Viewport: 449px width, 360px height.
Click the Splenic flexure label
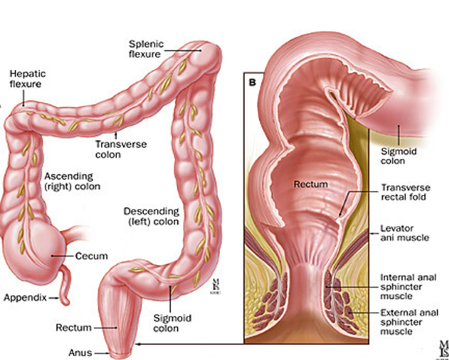pos(146,49)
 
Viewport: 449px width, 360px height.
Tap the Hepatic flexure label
pos(27,78)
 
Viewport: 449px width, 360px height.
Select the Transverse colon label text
pos(121,149)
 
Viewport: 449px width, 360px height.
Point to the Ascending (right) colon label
pos(72,182)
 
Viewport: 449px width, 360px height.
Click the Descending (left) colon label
pos(151,216)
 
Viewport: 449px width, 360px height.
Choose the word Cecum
pos(91,256)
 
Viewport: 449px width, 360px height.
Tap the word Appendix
pos(25,298)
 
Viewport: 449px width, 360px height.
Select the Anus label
pos(80,353)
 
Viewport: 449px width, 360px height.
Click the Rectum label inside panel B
pos(310,185)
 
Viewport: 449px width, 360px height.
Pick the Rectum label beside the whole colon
pos(74,328)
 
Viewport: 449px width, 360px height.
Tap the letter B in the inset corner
pos(252,82)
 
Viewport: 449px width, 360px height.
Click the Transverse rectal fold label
pos(405,192)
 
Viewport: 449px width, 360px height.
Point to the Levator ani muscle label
pos(405,233)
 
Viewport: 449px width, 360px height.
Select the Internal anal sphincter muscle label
pos(408,286)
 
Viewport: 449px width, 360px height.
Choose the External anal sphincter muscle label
pos(409,322)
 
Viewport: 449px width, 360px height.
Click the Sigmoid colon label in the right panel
pos(399,156)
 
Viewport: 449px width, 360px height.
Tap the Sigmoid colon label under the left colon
pos(172,323)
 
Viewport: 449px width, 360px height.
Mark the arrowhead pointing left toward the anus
pos(138,343)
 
